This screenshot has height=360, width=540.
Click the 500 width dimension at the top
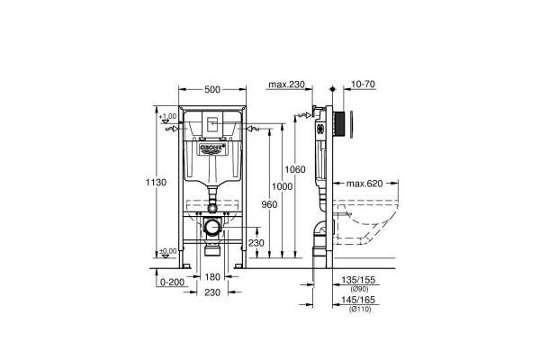coord(213,89)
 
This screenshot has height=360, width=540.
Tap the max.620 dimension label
coord(364,183)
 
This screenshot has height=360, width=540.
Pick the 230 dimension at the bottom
coord(212,293)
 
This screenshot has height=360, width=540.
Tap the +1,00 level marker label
coord(167,117)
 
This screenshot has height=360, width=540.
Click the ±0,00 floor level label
coord(167,251)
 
